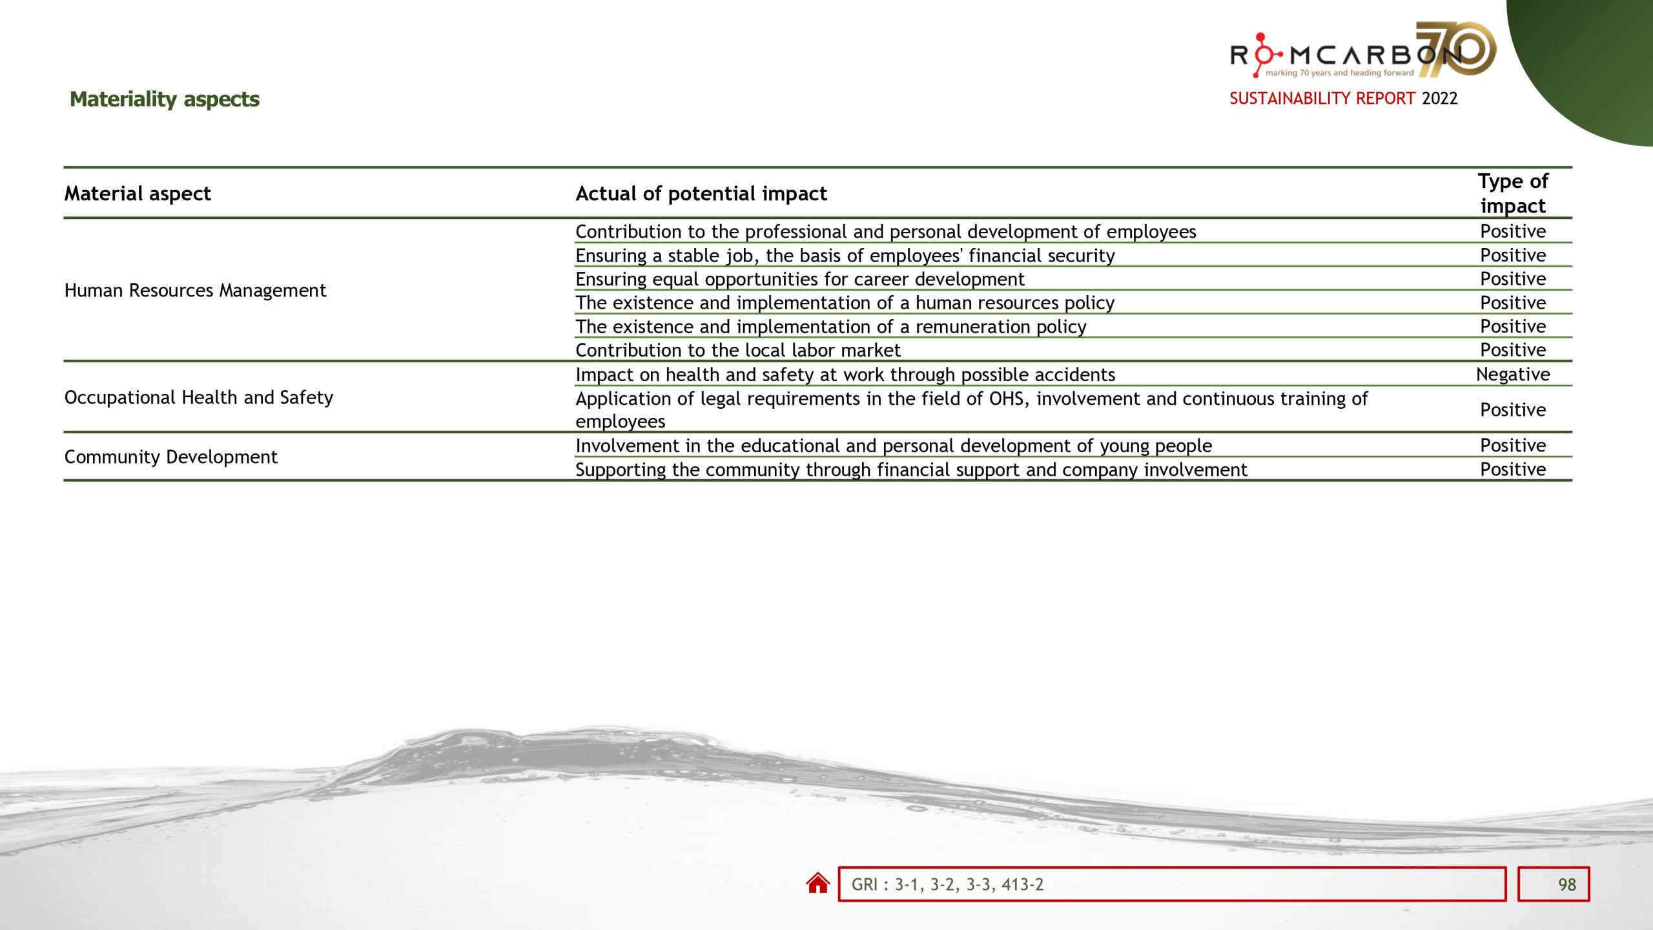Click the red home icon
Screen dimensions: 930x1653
pyautogui.click(x=817, y=883)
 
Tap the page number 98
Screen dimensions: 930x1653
pyautogui.click(x=1566, y=884)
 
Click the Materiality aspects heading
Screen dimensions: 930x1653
pyautogui.click(x=165, y=99)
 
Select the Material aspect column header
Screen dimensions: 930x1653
pyautogui.click(x=138, y=193)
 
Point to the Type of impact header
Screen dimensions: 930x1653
pyautogui.click(x=1513, y=193)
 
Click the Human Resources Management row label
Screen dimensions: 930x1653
pyautogui.click(x=195, y=290)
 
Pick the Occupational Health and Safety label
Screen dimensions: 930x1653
pyautogui.click(x=199, y=397)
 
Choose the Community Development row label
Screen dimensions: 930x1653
pyautogui.click(x=171, y=457)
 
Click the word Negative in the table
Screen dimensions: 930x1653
pyautogui.click(x=1513, y=374)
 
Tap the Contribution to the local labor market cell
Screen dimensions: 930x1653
pyautogui.click(x=737, y=350)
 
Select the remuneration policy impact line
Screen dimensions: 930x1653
pyautogui.click(x=830, y=326)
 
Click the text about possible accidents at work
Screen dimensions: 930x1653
pyautogui.click(x=845, y=375)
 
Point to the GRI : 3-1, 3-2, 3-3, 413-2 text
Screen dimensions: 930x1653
pyautogui.click(x=947, y=884)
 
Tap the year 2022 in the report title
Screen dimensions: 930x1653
pyautogui.click(x=1439, y=98)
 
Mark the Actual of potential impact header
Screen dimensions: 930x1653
pyautogui.click(x=701, y=193)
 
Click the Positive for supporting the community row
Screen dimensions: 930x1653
pyautogui.click(x=1513, y=469)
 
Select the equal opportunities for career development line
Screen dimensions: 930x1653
pyautogui.click(x=800, y=279)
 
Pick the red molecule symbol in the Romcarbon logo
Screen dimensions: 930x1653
pyautogui.click(x=1261, y=54)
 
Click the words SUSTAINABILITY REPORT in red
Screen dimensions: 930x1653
pyautogui.click(x=1322, y=98)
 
